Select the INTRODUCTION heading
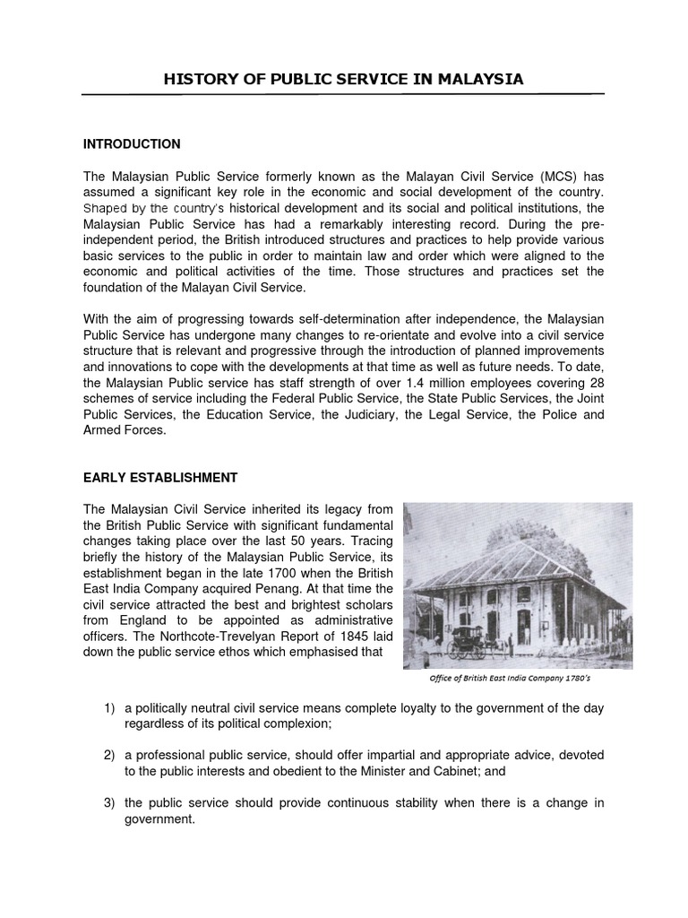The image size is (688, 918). point(132,143)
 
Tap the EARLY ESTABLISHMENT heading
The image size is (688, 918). point(160,476)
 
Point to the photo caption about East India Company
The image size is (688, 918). point(518,679)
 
